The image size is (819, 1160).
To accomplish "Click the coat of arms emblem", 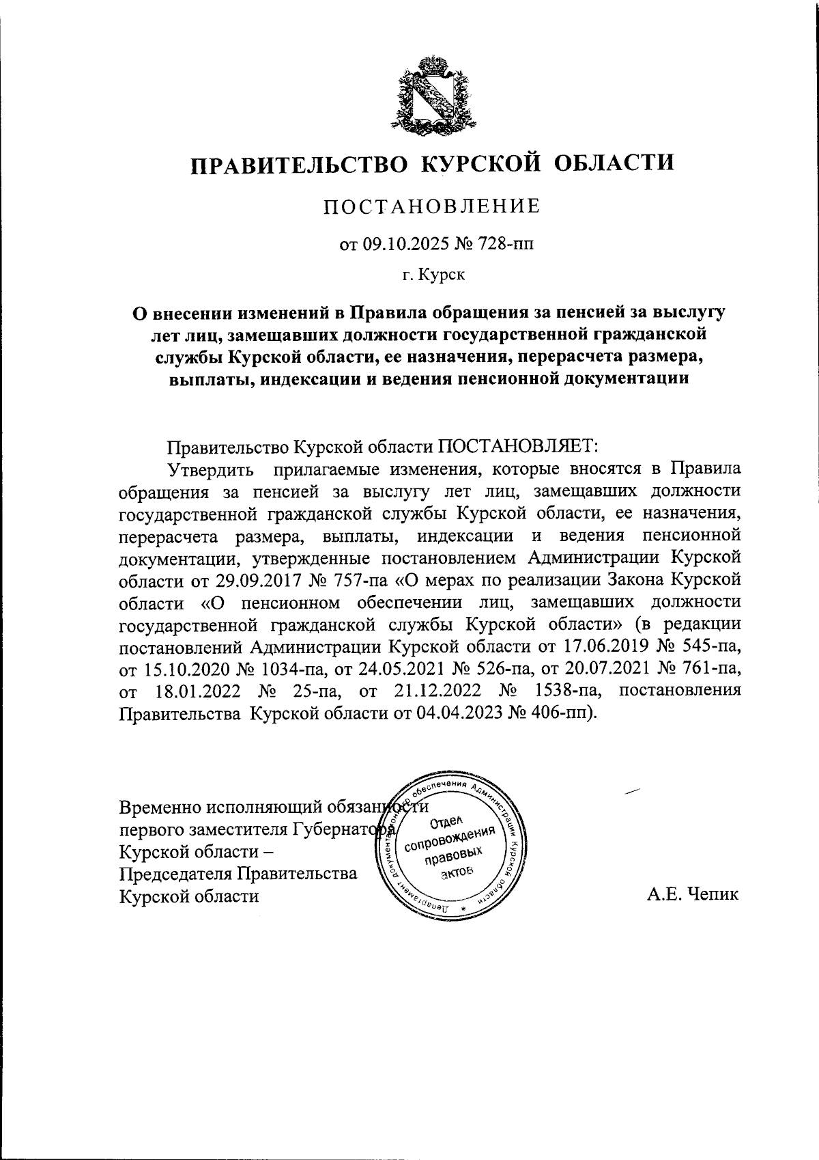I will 431,96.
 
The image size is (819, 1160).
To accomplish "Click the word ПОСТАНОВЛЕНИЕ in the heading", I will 432,206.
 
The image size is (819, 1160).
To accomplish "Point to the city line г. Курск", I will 433,275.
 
